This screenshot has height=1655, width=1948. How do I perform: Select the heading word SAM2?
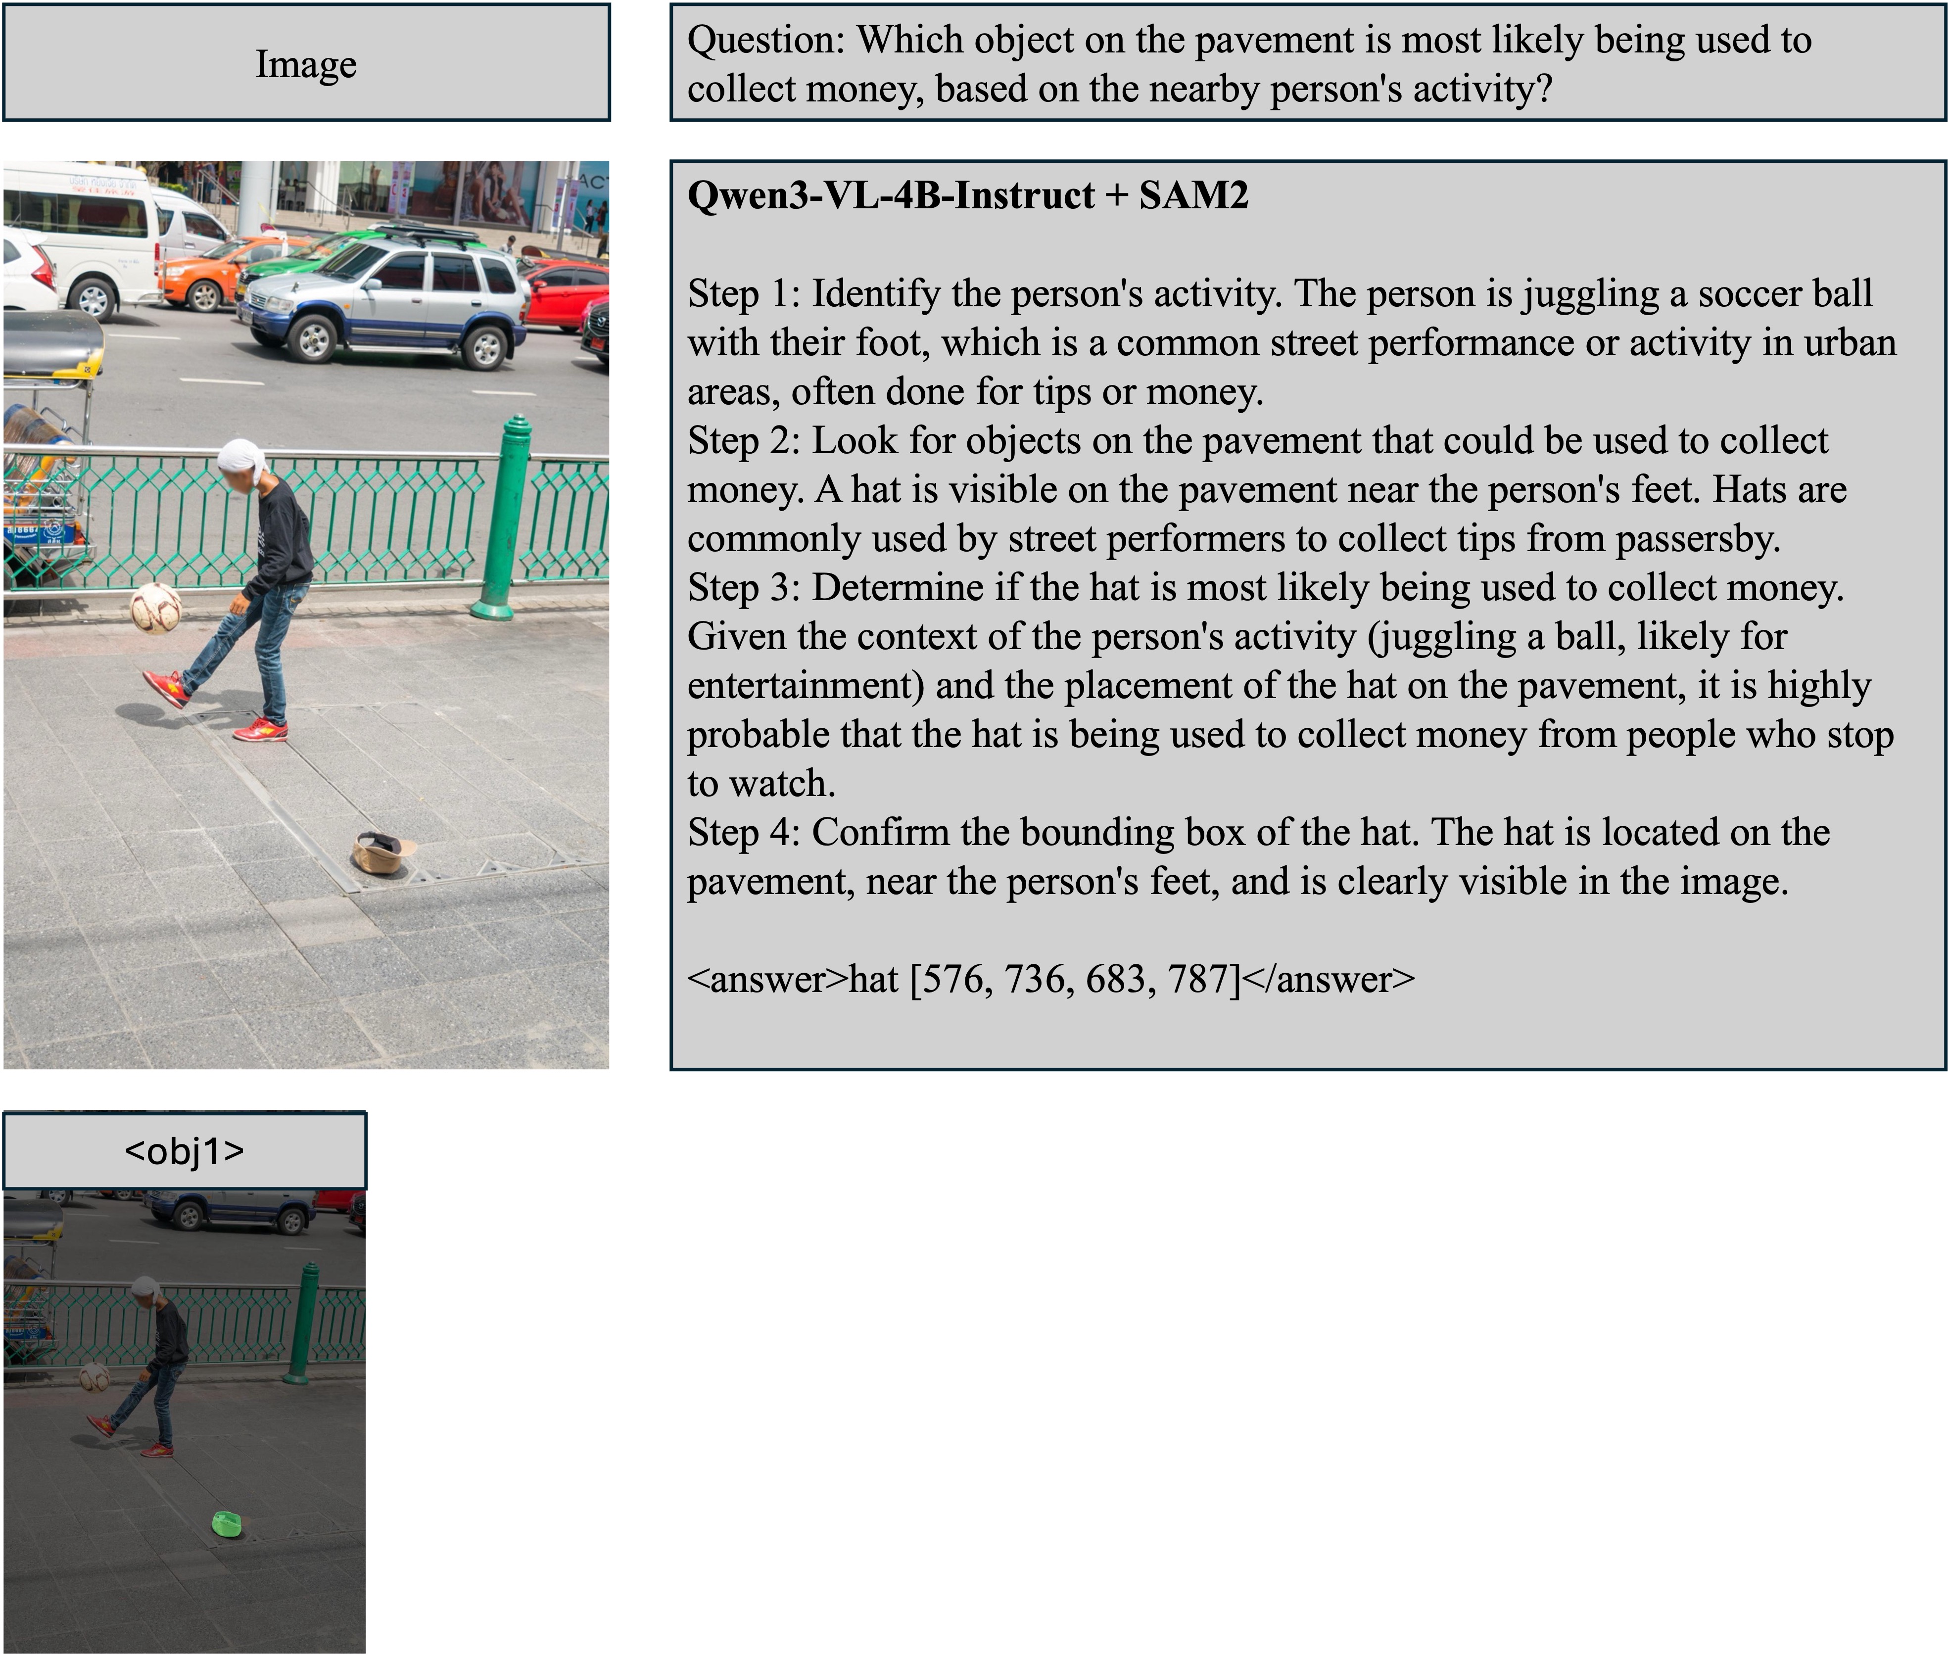tap(1193, 195)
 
